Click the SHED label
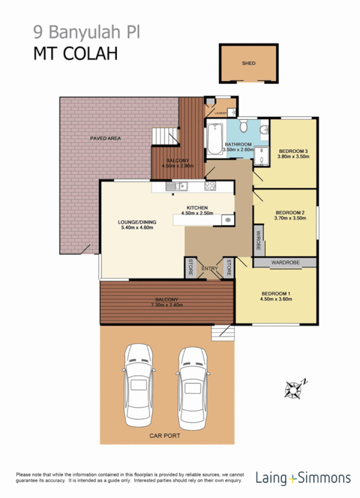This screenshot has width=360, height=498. coord(248,64)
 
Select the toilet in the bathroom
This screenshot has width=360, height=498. coord(243,125)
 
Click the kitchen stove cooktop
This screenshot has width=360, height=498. coord(210,186)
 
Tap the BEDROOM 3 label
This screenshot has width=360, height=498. coord(293,151)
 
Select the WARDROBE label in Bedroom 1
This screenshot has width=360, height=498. coord(285,262)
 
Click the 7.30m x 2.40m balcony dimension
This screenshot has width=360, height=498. coord(167,305)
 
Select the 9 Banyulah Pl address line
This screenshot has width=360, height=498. coord(84,32)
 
